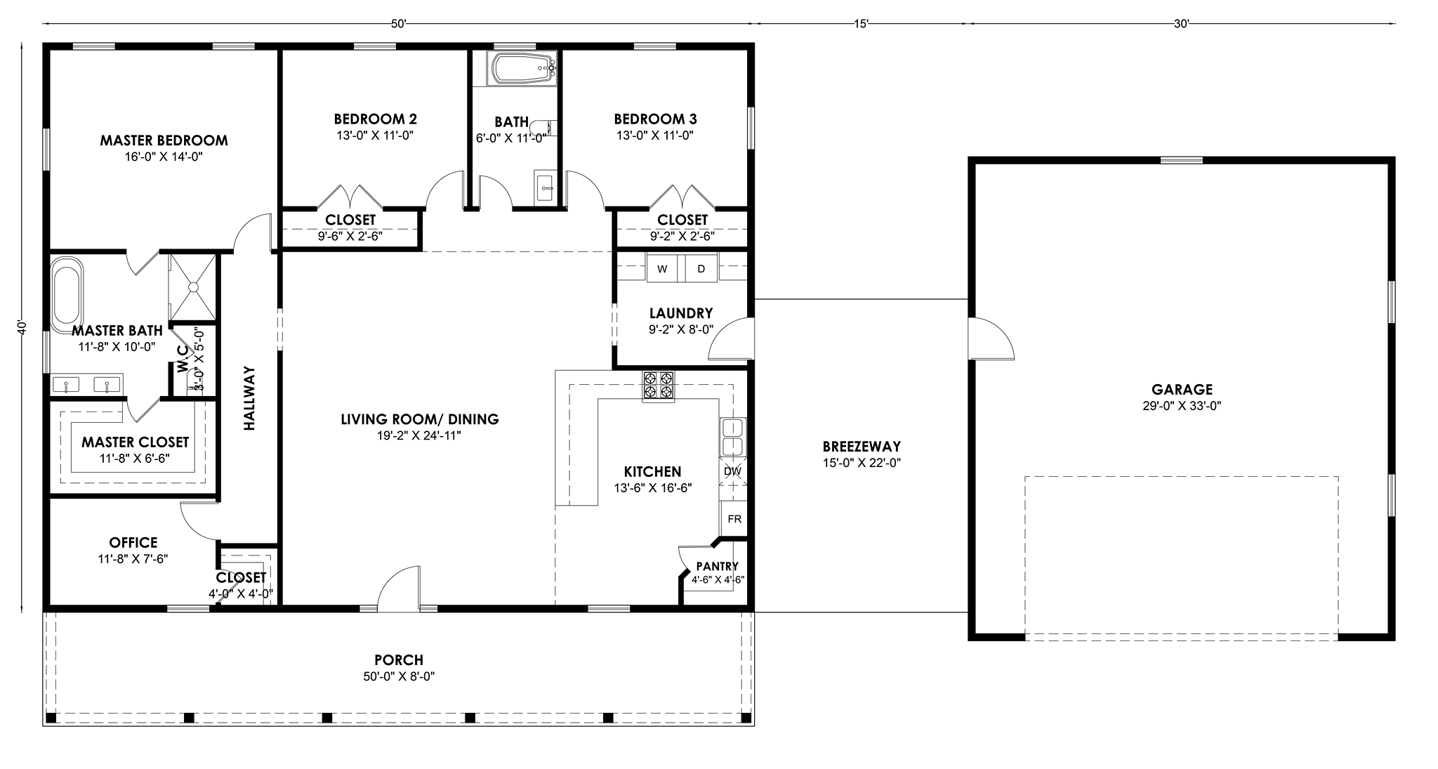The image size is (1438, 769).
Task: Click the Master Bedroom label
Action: (164, 140)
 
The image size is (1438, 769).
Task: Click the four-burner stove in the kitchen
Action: (658, 386)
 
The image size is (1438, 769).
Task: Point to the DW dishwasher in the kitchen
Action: (732, 471)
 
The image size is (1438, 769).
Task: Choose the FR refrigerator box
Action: (734, 519)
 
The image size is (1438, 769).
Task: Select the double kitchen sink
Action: (733, 436)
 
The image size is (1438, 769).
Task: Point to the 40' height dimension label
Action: (22, 328)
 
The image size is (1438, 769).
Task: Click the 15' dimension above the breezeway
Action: (862, 24)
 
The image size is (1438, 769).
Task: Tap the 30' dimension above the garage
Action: (1181, 24)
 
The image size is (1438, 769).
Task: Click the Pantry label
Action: (717, 567)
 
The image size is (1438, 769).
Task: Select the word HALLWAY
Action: (249, 398)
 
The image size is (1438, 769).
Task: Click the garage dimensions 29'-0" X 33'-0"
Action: (1182, 406)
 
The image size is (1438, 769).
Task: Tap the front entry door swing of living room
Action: (399, 586)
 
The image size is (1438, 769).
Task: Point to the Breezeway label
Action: (862, 447)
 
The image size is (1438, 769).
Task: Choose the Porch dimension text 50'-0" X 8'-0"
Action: (399, 677)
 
